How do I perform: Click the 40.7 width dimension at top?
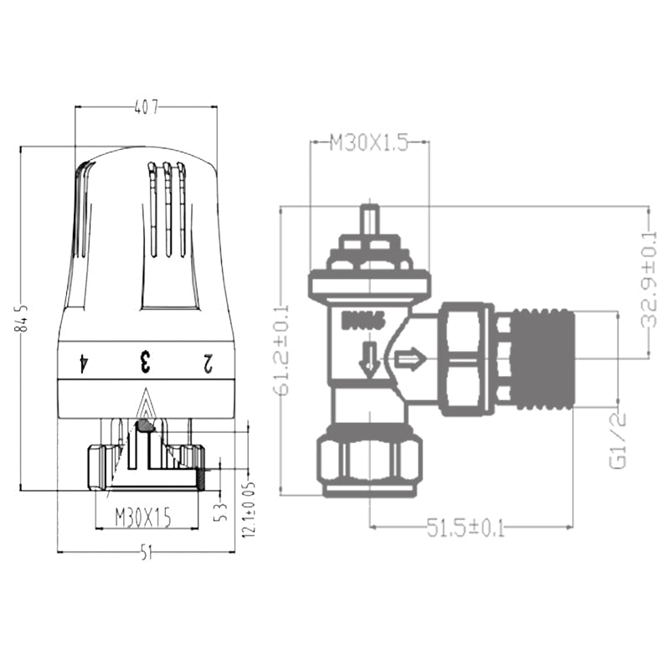[x=146, y=106]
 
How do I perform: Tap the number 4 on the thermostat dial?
[x=83, y=363]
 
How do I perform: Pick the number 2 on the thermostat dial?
[x=207, y=363]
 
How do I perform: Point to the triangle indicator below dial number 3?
[x=146, y=407]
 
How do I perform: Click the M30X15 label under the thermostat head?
[x=143, y=518]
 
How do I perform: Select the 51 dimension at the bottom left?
[x=146, y=553]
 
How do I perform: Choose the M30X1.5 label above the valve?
[x=368, y=143]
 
